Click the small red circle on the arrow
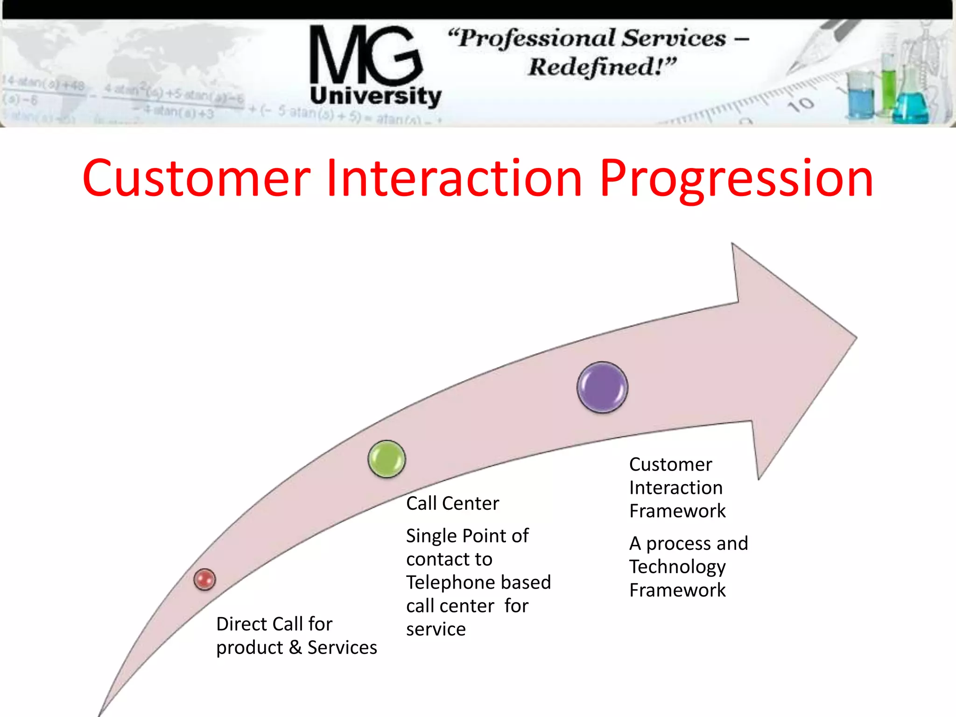[x=204, y=579]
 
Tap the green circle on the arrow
[x=387, y=459]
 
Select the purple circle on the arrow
[x=602, y=387]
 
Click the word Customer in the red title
[x=196, y=178]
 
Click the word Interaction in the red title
[x=454, y=178]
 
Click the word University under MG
[x=375, y=96]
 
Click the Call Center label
[x=452, y=503]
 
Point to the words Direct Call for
[x=274, y=624]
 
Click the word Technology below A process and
[x=677, y=567]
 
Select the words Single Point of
[x=467, y=535]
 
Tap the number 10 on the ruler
[x=801, y=105]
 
